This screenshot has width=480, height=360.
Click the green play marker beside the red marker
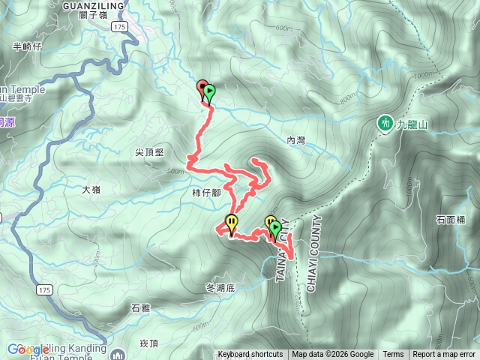(x=210, y=93)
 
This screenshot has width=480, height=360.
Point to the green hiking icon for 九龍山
(x=385, y=122)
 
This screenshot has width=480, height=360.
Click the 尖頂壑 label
(x=149, y=151)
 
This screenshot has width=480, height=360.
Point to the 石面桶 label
(x=451, y=220)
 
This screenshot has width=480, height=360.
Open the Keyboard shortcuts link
(x=250, y=355)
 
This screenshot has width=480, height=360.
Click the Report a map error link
(x=444, y=355)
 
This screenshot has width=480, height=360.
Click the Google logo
(x=27, y=349)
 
